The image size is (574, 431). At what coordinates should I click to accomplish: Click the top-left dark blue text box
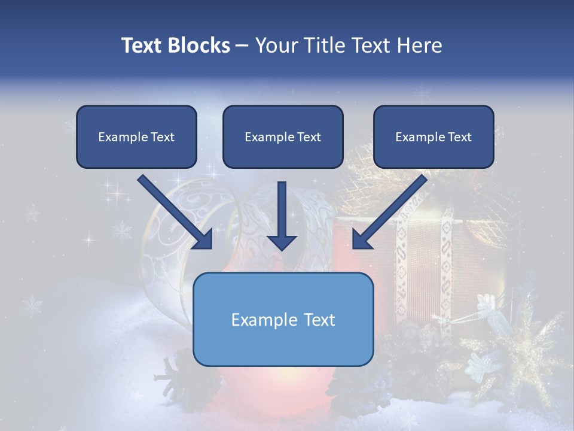(x=136, y=136)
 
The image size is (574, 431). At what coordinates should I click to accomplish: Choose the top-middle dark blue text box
(x=283, y=136)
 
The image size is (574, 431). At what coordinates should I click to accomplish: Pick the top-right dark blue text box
(x=433, y=136)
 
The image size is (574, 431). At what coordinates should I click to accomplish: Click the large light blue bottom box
(x=283, y=319)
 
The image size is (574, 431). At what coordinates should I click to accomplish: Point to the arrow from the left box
(x=176, y=213)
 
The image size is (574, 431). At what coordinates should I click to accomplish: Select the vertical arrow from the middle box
(x=282, y=215)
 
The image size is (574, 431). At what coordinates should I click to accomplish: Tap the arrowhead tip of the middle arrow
(x=282, y=249)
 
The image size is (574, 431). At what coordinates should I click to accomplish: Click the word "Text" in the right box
(x=459, y=137)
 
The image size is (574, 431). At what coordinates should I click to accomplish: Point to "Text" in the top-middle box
(x=309, y=137)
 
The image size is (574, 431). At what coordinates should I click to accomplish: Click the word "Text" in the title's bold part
(x=142, y=45)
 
